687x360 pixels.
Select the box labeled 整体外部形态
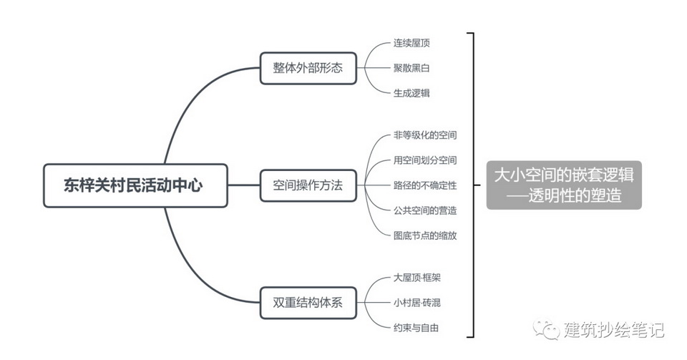tap(308, 69)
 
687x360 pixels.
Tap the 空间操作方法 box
tap(308, 185)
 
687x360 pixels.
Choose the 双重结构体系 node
tap(308, 303)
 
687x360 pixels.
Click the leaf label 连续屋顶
tap(411, 43)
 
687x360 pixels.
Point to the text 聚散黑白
tap(411, 68)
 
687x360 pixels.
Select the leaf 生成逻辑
tap(411, 93)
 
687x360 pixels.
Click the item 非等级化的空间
tap(425, 135)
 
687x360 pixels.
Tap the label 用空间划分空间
tap(425, 160)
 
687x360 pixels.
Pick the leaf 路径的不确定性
tap(425, 185)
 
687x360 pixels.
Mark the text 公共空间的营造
tap(425, 210)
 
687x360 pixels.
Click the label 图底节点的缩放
tap(425, 235)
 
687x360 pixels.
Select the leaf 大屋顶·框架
tap(416, 278)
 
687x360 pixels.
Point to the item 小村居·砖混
tap(416, 303)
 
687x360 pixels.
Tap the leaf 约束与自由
tap(416, 328)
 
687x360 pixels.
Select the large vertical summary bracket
tap(472, 185)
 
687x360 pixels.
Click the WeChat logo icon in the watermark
tap(550, 330)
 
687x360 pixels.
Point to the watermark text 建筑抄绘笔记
tap(613, 330)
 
